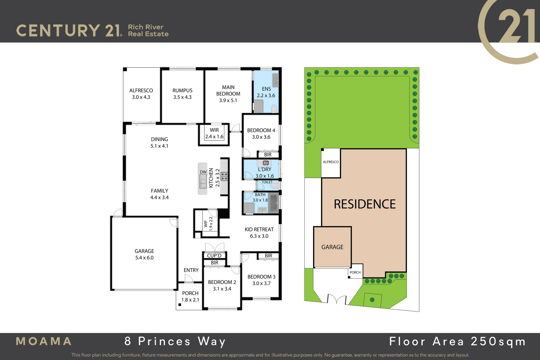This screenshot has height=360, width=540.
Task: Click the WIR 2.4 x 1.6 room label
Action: (x=214, y=133)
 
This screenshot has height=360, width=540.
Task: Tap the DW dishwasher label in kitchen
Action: (x=203, y=172)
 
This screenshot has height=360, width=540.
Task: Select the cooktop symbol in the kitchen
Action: (x=224, y=176)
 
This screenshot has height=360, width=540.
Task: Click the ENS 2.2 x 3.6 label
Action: (x=266, y=92)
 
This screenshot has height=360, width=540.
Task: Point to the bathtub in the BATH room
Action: (x=274, y=203)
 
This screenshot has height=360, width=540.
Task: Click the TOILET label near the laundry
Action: (x=267, y=182)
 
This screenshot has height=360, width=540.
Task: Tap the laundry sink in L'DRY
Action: (x=266, y=163)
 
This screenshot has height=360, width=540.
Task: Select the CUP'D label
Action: (x=214, y=256)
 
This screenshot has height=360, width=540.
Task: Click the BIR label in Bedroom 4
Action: (x=268, y=155)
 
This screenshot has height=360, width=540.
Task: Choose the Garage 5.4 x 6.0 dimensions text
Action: (x=144, y=258)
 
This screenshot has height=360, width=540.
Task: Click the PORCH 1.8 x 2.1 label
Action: (x=190, y=296)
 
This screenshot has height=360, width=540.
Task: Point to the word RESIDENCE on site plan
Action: (x=365, y=204)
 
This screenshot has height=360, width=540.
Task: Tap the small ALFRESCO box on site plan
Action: (x=331, y=162)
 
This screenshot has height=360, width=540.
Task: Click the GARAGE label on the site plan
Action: (x=332, y=247)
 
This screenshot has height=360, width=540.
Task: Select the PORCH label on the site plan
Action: (x=355, y=272)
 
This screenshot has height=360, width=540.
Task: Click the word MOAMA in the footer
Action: (x=44, y=341)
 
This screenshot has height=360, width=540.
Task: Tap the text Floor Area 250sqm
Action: (x=457, y=341)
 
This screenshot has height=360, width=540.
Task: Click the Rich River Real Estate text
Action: (x=148, y=30)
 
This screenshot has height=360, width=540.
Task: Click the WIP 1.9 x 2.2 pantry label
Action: (x=208, y=224)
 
